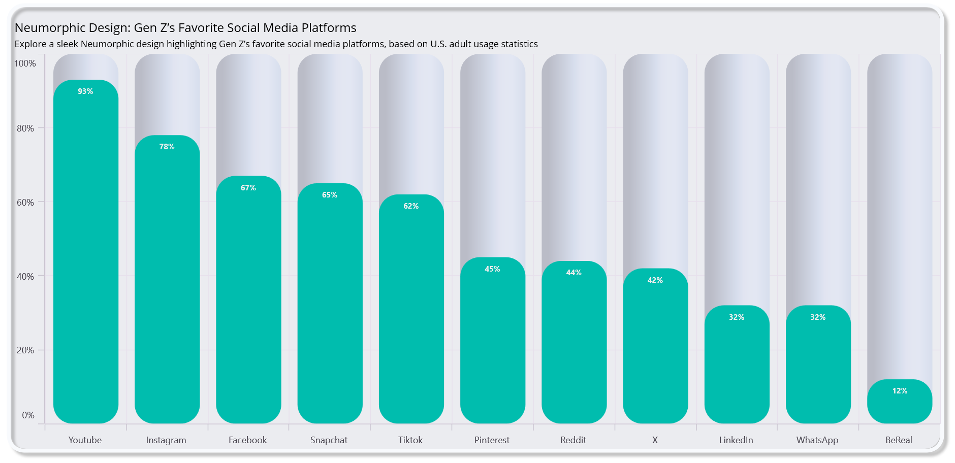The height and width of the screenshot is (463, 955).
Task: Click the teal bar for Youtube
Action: tap(86, 254)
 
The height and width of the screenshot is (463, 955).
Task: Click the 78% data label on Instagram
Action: tap(167, 147)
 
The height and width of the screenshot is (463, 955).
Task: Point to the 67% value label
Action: tap(248, 188)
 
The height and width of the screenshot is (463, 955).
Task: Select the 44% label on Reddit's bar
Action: tap(574, 273)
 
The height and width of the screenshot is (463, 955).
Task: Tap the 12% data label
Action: tap(900, 391)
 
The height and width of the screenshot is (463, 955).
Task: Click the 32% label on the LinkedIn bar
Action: tap(737, 317)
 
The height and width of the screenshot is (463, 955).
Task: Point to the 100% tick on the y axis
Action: tap(25, 63)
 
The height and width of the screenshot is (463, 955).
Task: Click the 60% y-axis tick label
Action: tap(25, 203)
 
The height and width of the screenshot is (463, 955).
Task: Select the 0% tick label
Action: tap(28, 415)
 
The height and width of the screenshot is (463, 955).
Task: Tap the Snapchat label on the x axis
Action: tap(329, 440)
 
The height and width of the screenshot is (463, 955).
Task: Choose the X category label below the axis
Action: tap(655, 440)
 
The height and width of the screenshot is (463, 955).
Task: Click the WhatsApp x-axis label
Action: tap(817, 440)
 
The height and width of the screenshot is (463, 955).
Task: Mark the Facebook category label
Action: tap(248, 440)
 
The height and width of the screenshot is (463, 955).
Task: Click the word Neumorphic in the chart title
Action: tap(47, 28)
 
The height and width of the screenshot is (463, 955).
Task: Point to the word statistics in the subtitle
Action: tap(519, 44)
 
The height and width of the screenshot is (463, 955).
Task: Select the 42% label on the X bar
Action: tap(655, 280)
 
